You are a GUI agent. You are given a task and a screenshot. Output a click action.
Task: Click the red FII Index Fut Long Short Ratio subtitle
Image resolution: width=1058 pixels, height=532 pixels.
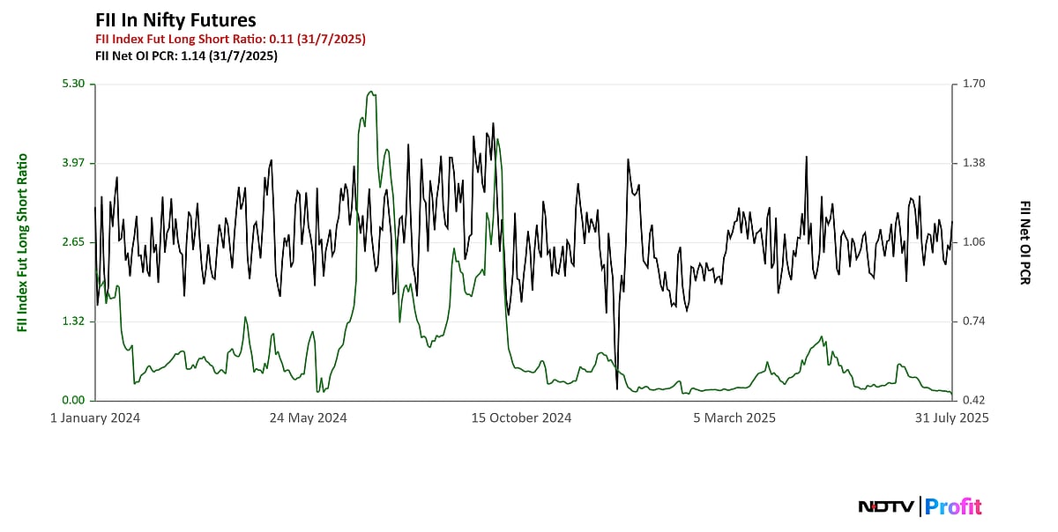pyautogui.click(x=230, y=39)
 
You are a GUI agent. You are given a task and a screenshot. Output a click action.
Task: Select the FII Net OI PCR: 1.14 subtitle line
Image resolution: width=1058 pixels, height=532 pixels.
pyautogui.click(x=186, y=55)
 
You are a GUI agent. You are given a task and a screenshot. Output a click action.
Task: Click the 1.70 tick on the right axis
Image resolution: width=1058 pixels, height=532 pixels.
pyautogui.click(x=974, y=84)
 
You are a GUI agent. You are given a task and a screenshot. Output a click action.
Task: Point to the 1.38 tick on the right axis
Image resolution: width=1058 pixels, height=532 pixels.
pyautogui.click(x=974, y=163)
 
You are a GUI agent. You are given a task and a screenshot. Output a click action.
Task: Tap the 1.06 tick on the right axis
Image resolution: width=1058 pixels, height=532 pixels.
pyautogui.click(x=974, y=242)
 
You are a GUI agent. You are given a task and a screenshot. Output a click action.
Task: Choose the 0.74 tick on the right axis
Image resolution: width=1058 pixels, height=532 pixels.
pyautogui.click(x=974, y=321)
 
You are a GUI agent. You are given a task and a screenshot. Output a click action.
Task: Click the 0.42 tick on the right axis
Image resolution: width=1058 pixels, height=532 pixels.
pyautogui.click(x=974, y=401)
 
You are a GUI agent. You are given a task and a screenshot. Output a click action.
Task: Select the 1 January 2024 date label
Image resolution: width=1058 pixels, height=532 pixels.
pyautogui.click(x=95, y=418)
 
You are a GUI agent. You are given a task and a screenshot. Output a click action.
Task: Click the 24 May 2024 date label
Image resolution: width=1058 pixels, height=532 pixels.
pyautogui.click(x=308, y=418)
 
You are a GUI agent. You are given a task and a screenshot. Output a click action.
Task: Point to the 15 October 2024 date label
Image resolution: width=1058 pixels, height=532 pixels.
pyautogui.click(x=521, y=418)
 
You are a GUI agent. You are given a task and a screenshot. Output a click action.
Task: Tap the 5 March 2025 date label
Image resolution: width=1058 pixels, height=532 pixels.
pyautogui.click(x=734, y=418)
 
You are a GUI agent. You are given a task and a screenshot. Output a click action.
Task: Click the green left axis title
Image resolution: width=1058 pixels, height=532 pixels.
pyautogui.click(x=22, y=242)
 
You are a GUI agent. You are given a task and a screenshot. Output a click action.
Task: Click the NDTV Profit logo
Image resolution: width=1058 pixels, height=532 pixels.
pyautogui.click(x=920, y=506)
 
